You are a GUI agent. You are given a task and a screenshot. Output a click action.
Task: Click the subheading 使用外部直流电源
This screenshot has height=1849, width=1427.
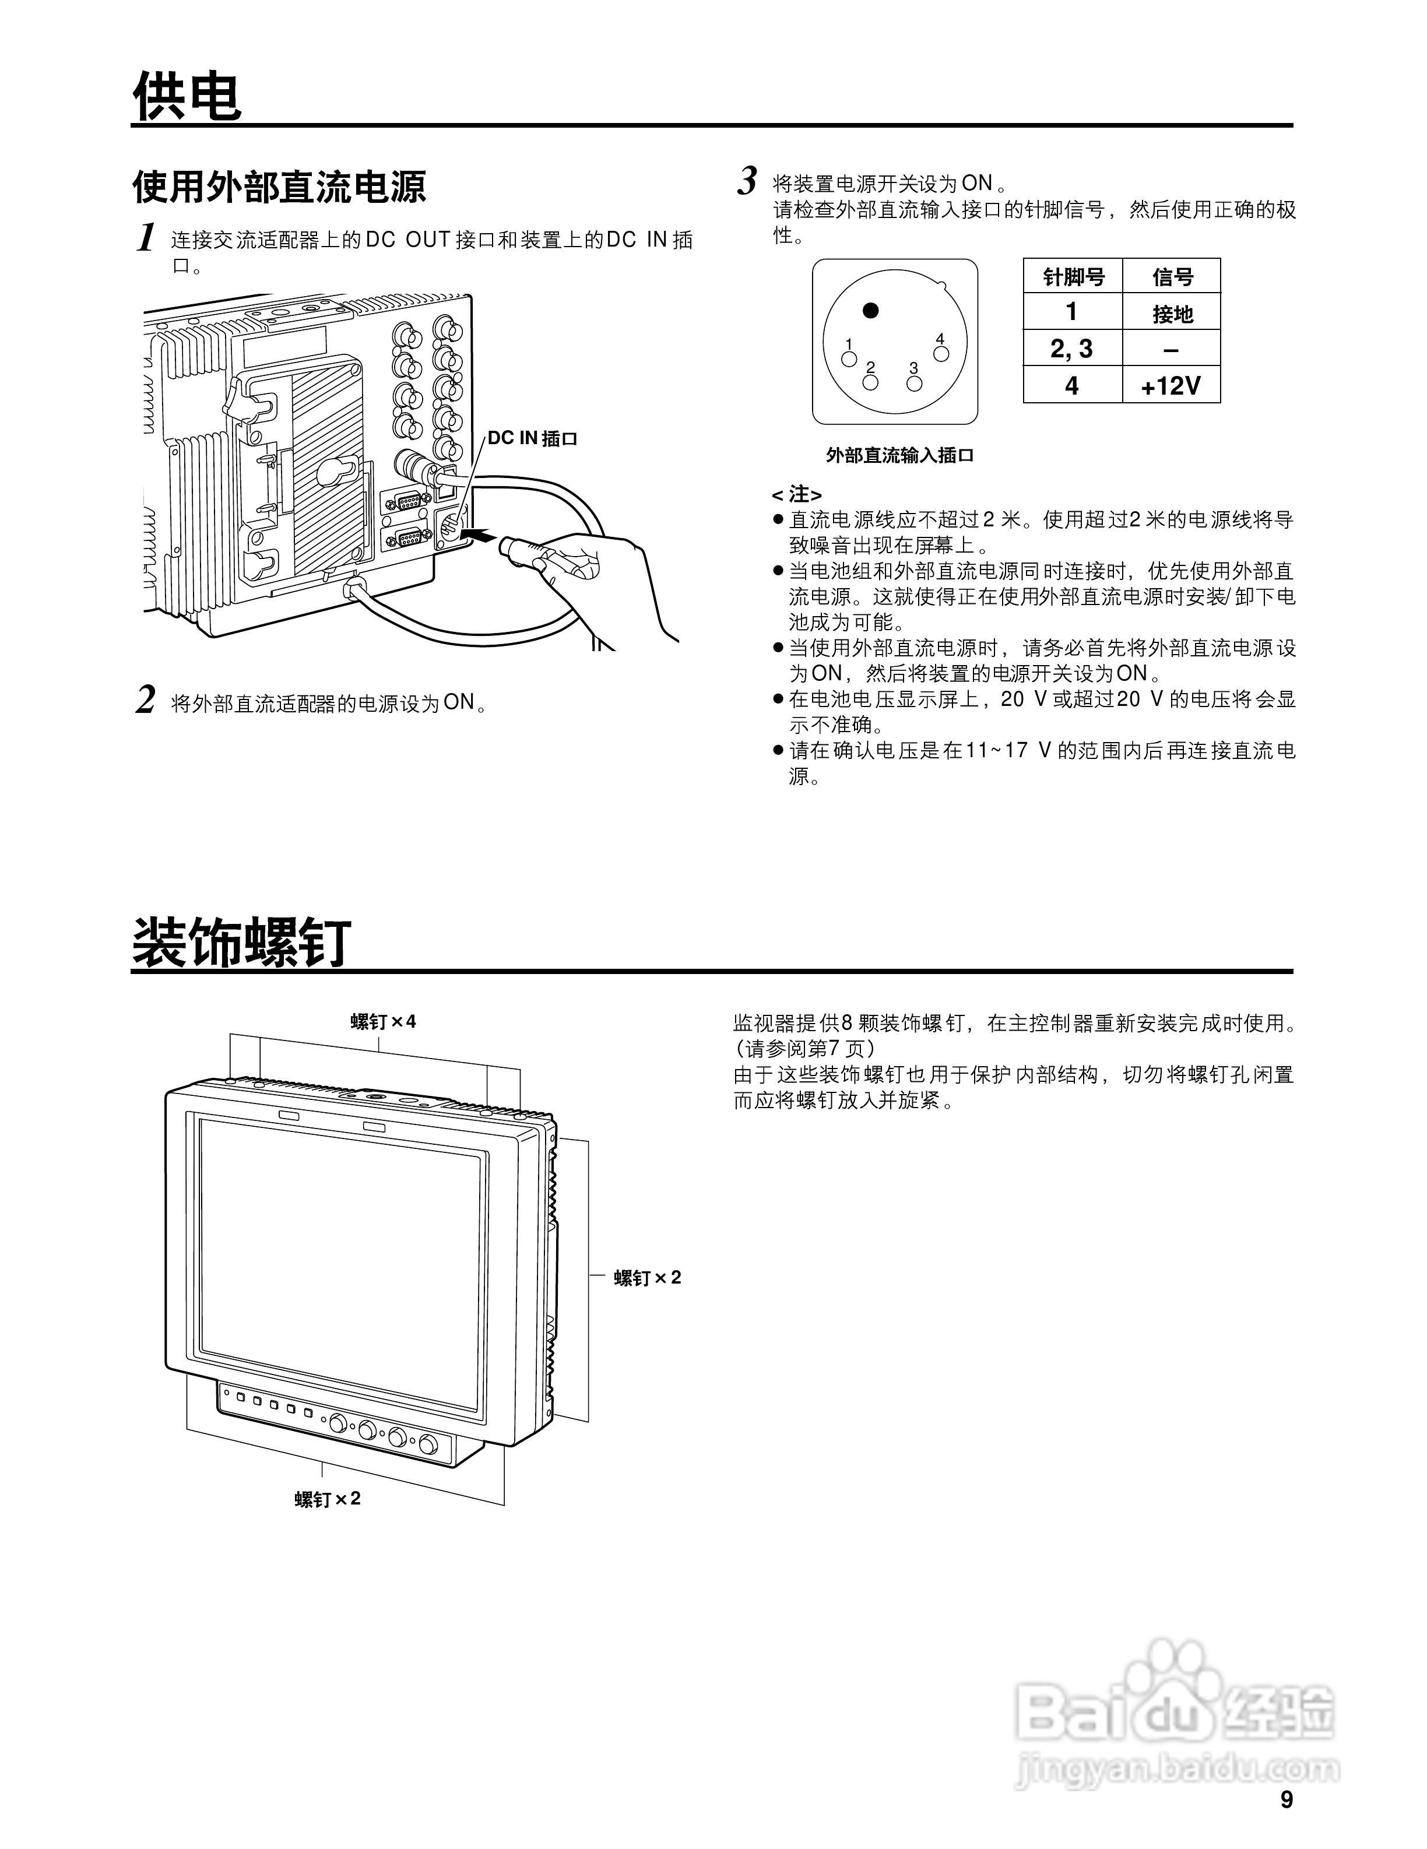[279, 187]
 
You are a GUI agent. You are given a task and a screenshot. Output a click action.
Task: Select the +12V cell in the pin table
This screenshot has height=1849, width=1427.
[1171, 386]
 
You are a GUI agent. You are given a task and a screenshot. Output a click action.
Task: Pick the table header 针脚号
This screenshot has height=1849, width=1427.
[1073, 277]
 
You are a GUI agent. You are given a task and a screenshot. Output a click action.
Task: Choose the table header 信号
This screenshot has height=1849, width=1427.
[1172, 277]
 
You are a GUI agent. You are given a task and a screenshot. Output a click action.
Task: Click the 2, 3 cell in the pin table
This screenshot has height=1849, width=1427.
[1071, 349]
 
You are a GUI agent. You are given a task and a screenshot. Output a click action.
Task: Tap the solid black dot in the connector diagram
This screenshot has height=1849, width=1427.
[870, 311]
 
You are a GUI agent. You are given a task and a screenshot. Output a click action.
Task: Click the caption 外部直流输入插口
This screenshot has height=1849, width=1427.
[899, 455]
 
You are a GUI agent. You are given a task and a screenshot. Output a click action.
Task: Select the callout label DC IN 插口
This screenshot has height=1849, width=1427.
[532, 438]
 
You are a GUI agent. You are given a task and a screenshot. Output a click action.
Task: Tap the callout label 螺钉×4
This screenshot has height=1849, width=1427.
[384, 1021]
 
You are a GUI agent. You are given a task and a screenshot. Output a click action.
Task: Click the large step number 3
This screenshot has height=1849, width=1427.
[747, 182]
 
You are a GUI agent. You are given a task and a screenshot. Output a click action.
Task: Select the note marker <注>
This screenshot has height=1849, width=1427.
[796, 494]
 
